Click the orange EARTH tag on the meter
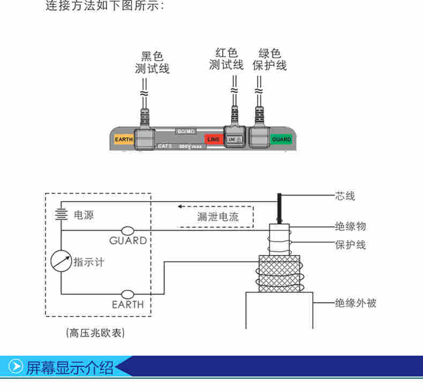pos(123,140)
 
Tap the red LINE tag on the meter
pos(213,140)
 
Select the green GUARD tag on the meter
pos(281,140)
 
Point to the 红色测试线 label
pos(226,59)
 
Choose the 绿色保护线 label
pos(270,59)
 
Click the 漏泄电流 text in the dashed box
pos(217,216)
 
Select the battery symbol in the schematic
pos(61,214)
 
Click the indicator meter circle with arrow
pos(61,261)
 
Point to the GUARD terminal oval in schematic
pos(128,231)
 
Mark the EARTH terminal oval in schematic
pos(128,294)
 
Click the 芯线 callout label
pos(345,196)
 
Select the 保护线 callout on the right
pos(351,245)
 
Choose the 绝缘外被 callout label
pos(356,303)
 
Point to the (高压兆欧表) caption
pos(95,333)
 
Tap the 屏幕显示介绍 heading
pos(70,367)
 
